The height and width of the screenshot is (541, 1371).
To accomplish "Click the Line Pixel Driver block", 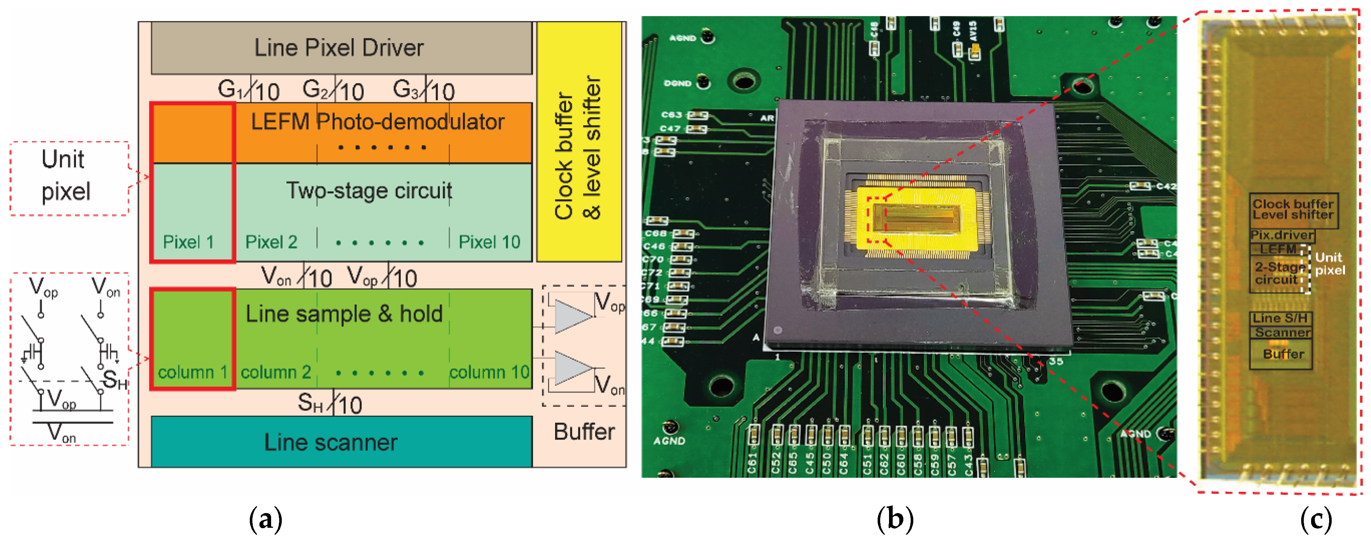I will coord(341,48).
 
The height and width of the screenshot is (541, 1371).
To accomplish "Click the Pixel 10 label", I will coord(489,242).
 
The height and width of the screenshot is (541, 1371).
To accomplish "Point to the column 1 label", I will coord(192,372).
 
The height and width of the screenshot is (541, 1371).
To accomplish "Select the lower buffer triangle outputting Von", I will coord(572,368).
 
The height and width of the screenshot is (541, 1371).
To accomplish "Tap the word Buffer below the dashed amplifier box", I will coord(584,432).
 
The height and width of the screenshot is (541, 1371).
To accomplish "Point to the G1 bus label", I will coord(230,89).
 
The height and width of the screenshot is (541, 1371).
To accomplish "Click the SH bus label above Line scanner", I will coord(310,404).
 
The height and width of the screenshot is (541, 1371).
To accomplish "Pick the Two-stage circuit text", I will coord(369,191).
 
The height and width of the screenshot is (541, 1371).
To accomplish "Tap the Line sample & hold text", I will coord(344,314).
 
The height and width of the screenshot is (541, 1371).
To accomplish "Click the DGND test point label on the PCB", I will coord(677,83).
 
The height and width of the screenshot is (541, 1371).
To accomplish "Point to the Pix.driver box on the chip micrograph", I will coord(1282,235).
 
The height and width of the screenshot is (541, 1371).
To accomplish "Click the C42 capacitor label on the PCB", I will coord(1166,186).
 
